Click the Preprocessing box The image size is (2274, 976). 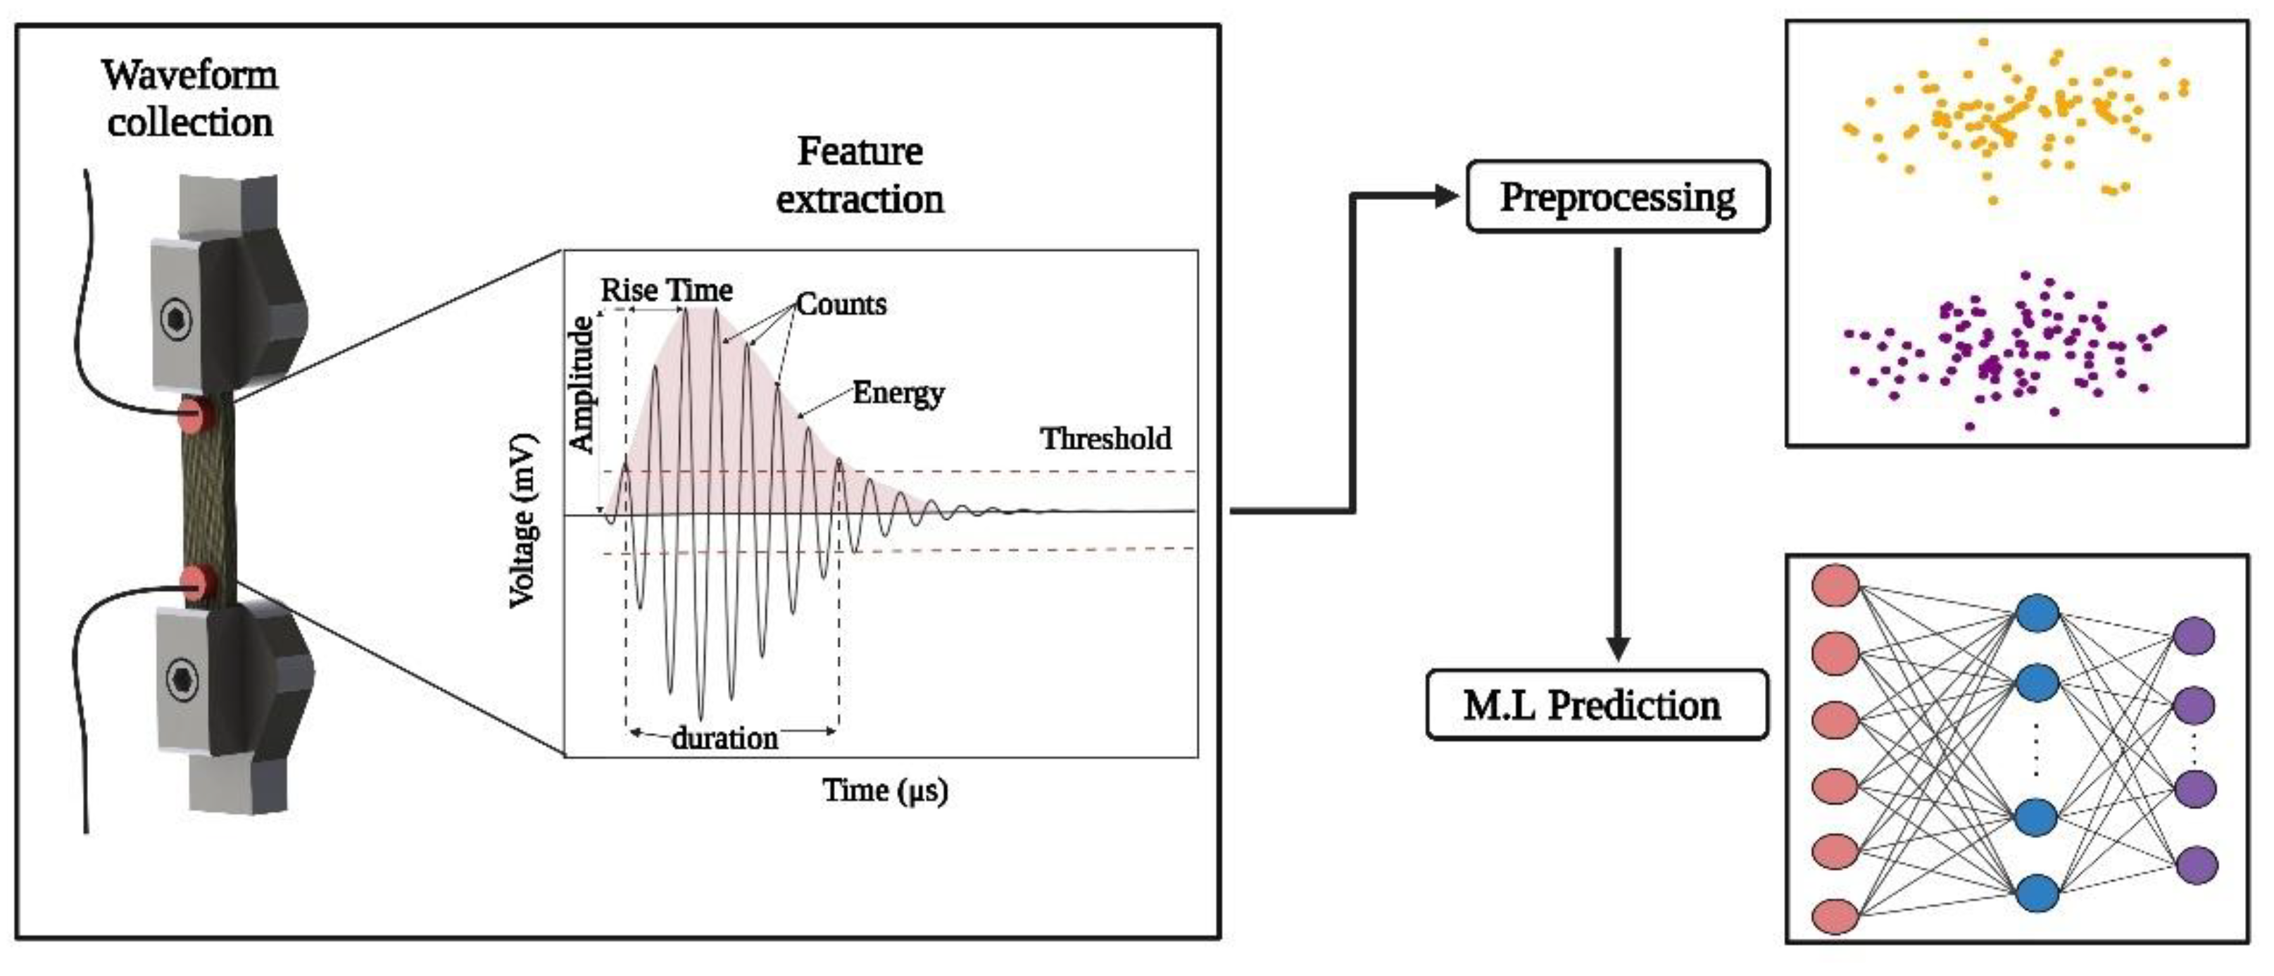(1617, 197)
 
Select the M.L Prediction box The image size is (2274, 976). (1596, 705)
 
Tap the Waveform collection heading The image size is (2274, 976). (190, 99)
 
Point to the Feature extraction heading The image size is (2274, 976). (860, 175)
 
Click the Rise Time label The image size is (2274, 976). (667, 289)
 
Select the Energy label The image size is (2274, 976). (898, 393)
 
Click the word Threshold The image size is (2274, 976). (1105, 439)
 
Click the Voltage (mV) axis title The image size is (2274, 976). (522, 521)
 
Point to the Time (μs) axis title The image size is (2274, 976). (884, 789)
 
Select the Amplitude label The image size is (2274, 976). (581, 385)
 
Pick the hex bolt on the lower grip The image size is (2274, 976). (182, 680)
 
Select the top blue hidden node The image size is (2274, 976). (2037, 613)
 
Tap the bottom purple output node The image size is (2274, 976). (2195, 865)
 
